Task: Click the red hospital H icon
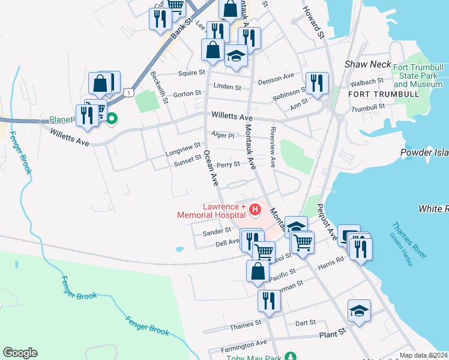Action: pyautogui.click(x=255, y=209)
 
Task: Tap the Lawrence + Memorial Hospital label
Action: pyautogui.click(x=211, y=210)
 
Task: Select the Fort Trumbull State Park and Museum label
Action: pyautogui.click(x=418, y=76)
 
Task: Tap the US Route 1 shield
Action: pyautogui.click(x=128, y=91)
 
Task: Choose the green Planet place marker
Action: pyautogui.click(x=111, y=119)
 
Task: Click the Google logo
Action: pyautogui.click(x=20, y=353)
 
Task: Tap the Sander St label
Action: pyautogui.click(x=217, y=230)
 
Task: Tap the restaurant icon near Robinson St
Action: pyautogui.click(x=316, y=83)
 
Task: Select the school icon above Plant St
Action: pyautogui.click(x=359, y=311)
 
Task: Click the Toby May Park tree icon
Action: pyautogui.click(x=291, y=356)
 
